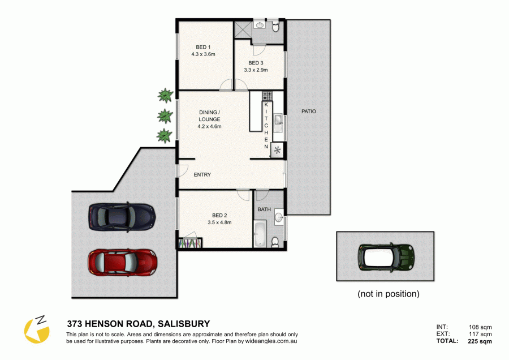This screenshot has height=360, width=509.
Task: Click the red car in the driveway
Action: (x=122, y=262)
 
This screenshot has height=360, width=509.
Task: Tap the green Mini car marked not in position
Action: (x=387, y=257)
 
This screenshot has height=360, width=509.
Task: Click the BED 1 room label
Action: (x=204, y=47)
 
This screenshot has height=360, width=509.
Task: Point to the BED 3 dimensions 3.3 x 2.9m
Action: (x=255, y=70)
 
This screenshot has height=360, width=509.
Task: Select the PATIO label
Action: (x=308, y=112)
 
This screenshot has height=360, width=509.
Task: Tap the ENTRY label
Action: (x=202, y=175)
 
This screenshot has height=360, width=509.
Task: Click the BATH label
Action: (x=264, y=209)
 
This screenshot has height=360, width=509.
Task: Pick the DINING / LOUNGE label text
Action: (x=209, y=116)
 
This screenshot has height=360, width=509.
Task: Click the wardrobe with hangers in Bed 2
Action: (x=191, y=243)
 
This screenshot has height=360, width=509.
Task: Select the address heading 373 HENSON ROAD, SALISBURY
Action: (x=138, y=324)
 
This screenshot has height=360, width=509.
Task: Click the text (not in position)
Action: (x=389, y=294)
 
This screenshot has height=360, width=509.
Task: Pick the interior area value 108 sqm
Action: (x=480, y=327)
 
